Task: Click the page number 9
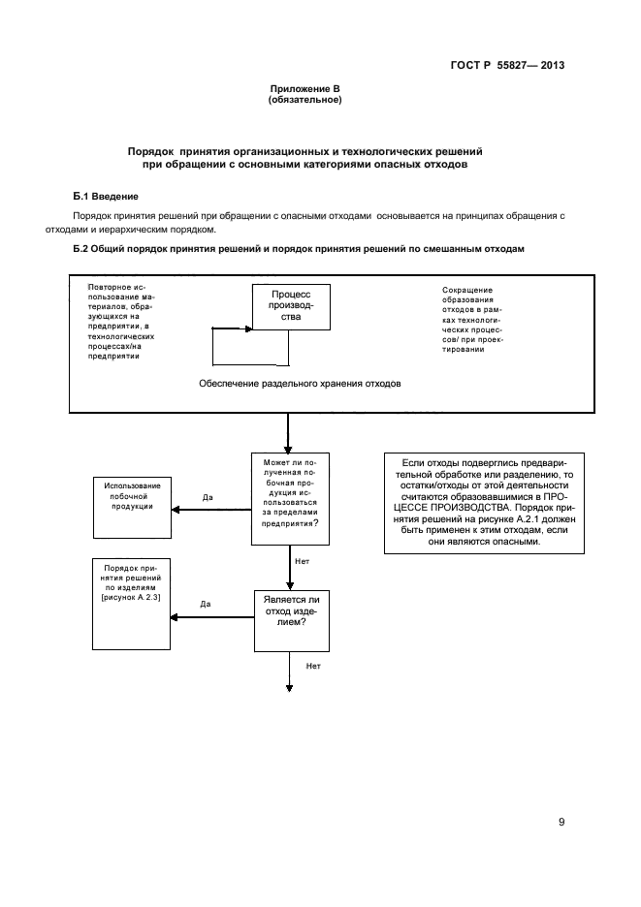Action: (x=561, y=822)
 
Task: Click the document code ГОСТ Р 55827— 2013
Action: (x=507, y=65)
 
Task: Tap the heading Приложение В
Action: (x=305, y=89)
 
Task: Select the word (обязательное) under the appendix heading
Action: (x=305, y=100)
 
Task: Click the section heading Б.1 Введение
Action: (x=106, y=197)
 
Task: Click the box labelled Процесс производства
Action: (x=291, y=306)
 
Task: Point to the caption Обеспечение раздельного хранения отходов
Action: (x=300, y=384)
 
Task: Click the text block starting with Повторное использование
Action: (x=121, y=322)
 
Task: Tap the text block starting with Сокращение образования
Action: (x=472, y=320)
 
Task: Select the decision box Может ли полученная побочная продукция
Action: (x=290, y=499)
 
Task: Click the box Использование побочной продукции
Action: (x=133, y=508)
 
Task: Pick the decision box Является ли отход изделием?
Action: (x=292, y=621)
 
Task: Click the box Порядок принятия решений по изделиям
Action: (x=131, y=604)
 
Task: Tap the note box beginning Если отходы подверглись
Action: (x=484, y=503)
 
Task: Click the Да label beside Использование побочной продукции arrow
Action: (x=208, y=497)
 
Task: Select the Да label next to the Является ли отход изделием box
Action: (x=206, y=604)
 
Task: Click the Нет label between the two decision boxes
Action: (x=303, y=561)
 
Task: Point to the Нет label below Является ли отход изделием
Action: (x=313, y=666)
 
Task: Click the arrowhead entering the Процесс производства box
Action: (x=249, y=329)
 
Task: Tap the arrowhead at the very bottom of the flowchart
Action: (x=289, y=688)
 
